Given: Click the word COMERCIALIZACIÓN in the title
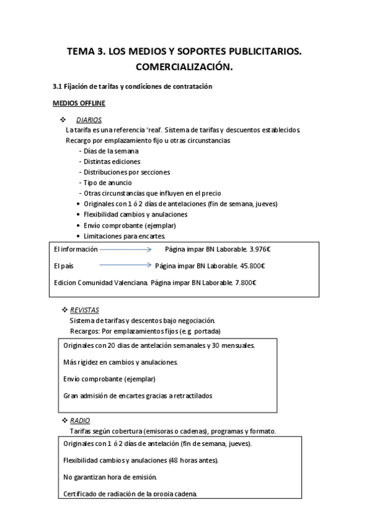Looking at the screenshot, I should click(x=184, y=66).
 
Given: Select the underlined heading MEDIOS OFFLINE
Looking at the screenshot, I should click(x=79, y=102).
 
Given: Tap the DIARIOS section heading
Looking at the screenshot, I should click(x=89, y=120).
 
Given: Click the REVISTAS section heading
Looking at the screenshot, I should click(x=84, y=310).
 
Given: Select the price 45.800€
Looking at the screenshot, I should click(x=251, y=266).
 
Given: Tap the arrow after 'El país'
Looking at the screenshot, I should click(x=125, y=266).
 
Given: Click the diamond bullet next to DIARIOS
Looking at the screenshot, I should click(x=62, y=119).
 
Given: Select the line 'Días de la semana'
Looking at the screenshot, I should click(x=108, y=150).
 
